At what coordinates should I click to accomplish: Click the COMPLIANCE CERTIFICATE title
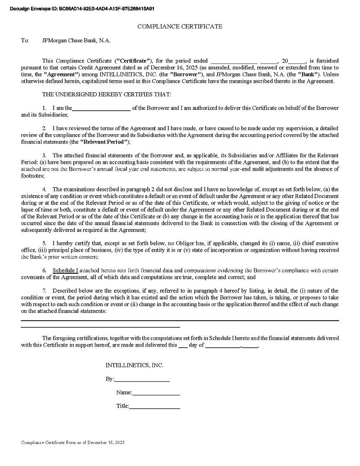[180, 27]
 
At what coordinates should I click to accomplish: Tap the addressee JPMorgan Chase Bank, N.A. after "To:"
[76, 41]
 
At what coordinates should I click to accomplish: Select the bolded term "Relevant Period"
[104, 142]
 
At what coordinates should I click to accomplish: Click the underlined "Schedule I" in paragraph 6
[65, 270]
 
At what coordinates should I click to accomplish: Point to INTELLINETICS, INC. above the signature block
[135, 365]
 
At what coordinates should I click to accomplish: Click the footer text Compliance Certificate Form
[72, 443]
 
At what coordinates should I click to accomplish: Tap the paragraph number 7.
[45, 290]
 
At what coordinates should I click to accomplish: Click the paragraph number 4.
[45, 189]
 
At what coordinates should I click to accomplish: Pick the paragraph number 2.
[45, 128]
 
